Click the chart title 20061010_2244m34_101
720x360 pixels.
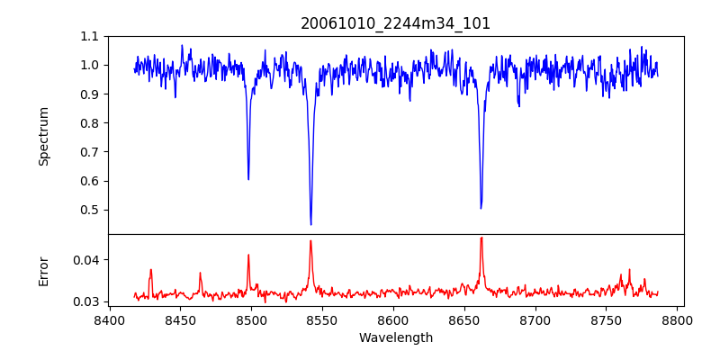click(396, 23)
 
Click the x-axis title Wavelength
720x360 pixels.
click(396, 338)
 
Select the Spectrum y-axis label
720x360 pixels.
click(44, 136)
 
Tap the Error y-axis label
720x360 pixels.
click(44, 271)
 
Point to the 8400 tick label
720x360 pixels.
click(109, 320)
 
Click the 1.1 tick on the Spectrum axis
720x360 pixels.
click(90, 36)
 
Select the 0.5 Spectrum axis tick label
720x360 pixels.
click(90, 210)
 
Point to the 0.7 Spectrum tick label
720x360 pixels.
click(90, 152)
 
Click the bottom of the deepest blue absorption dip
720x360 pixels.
click(310, 224)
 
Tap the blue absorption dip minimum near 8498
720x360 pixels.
click(248, 179)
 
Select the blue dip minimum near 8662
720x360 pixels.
click(481, 208)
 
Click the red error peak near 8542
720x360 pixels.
click(310, 240)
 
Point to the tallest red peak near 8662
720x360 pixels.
click(481, 238)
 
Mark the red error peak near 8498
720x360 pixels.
click(248, 255)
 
